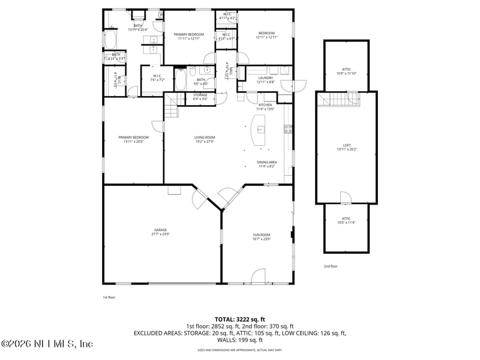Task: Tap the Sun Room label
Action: click(x=262, y=236)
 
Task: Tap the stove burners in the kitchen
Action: click(x=289, y=128)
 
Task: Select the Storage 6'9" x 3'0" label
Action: click(x=200, y=97)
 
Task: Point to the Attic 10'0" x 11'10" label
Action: click(x=347, y=71)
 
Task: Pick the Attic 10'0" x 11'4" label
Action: click(x=346, y=220)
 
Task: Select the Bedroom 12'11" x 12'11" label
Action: click(x=266, y=35)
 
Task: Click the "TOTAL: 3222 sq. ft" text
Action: click(x=239, y=319)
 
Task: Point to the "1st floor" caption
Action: click(x=109, y=297)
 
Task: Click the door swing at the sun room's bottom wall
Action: click(x=258, y=277)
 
